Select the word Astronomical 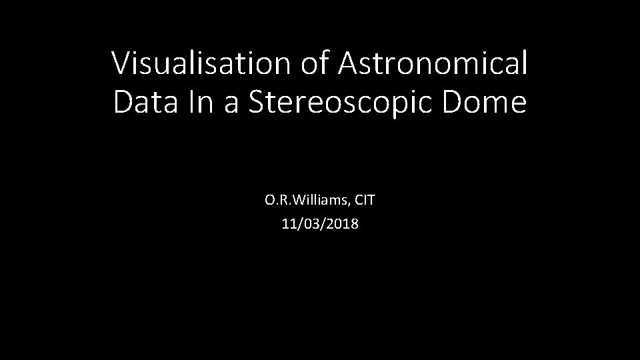[433, 64]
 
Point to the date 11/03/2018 [320, 224]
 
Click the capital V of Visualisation [121, 64]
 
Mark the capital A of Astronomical [349, 64]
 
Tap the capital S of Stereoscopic [257, 103]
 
